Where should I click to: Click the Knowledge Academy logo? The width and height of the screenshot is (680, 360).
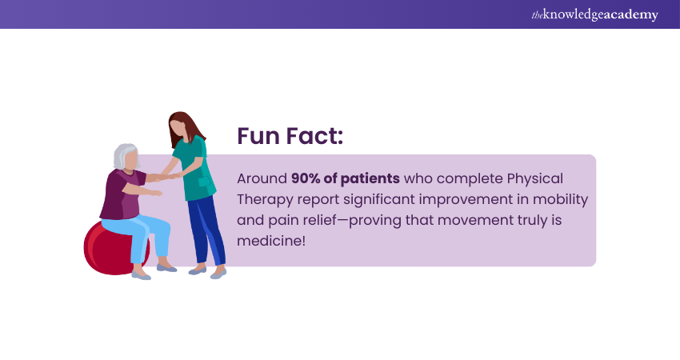point(594,14)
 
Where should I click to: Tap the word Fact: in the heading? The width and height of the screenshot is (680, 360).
point(314,136)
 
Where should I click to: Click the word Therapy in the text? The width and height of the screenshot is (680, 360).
point(265,198)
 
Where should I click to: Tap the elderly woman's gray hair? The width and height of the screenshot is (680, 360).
point(125,157)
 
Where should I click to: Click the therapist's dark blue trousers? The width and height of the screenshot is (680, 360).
point(203,228)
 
